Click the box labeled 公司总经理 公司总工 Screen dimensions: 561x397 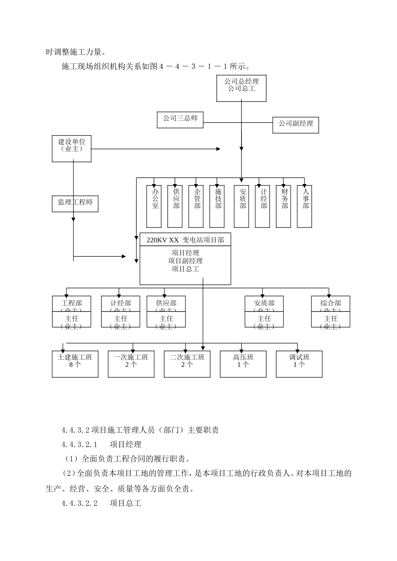(241, 88)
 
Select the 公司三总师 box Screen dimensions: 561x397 (180, 119)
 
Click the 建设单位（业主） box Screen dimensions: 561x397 (71, 148)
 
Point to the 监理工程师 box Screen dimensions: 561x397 (75, 203)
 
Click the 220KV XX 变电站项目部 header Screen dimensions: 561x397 (185, 240)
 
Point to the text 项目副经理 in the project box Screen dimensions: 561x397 (185, 261)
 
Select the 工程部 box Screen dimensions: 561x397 (71, 304)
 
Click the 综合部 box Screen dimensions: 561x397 (331, 304)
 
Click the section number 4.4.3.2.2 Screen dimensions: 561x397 (79, 503)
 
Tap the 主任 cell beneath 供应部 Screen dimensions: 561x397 (166, 320)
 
